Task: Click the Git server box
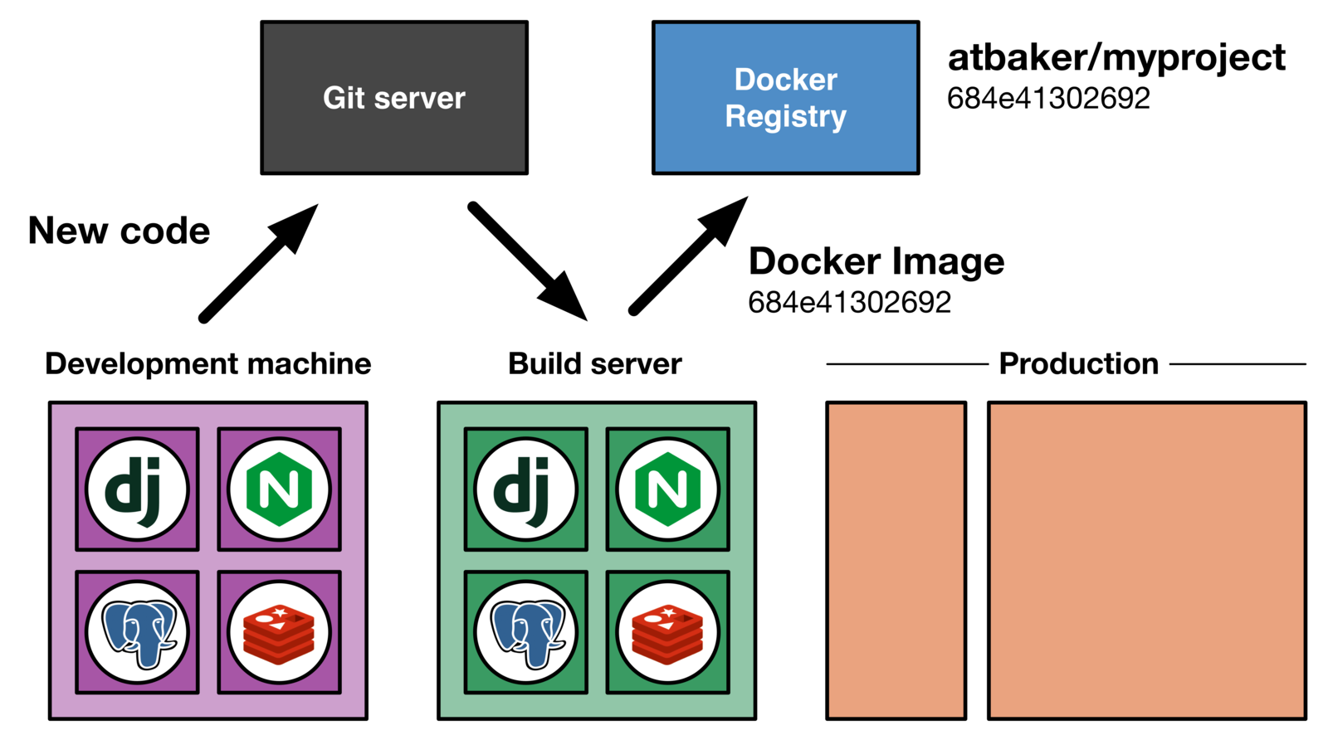(394, 98)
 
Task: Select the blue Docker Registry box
(785, 98)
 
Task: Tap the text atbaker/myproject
(1116, 59)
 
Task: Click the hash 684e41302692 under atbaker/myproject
(1048, 99)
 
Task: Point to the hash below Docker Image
(849, 303)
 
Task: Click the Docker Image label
(876, 262)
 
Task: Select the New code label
(120, 231)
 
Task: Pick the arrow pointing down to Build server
(528, 261)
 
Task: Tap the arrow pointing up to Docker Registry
(688, 256)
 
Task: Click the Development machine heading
(208, 364)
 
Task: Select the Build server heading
(594, 364)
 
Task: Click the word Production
(1078, 364)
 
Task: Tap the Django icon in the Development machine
(137, 489)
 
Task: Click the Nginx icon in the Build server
(667, 489)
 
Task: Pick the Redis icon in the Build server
(667, 632)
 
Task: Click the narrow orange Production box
(896, 561)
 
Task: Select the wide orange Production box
(1146, 561)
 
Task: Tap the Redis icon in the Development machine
(279, 632)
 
